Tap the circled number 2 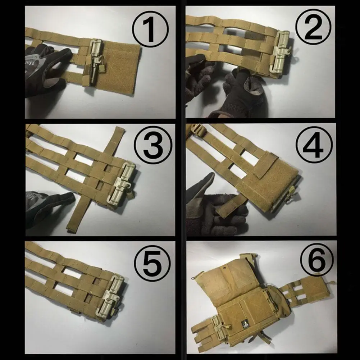point(313,27)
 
